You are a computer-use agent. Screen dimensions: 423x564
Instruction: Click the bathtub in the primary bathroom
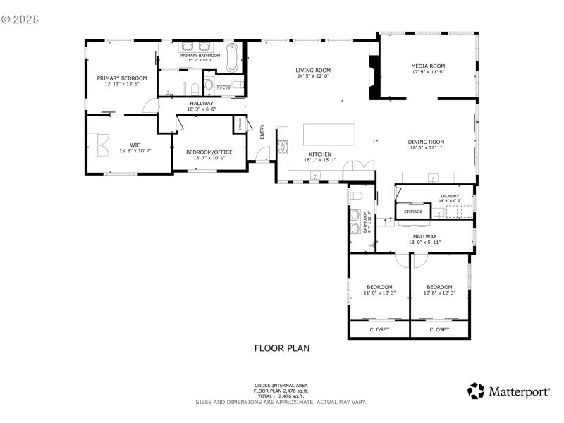232,59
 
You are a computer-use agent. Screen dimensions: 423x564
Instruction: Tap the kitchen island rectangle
329,134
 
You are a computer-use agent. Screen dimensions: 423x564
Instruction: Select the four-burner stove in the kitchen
283,147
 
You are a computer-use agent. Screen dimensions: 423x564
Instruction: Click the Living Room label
313,70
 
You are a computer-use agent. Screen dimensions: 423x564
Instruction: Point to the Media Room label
428,66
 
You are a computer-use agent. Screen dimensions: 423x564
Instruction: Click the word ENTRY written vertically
262,132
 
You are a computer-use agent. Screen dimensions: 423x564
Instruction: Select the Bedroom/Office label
209,152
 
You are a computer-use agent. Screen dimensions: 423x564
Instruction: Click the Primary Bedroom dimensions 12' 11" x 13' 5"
122,84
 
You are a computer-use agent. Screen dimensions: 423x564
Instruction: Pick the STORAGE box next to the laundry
413,211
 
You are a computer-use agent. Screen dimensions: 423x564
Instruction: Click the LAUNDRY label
450,196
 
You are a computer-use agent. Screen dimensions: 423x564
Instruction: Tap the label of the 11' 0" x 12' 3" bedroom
379,286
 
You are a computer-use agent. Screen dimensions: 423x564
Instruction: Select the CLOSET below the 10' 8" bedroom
439,329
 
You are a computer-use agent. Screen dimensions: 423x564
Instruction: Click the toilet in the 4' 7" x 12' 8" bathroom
357,196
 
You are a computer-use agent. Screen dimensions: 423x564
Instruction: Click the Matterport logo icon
477,390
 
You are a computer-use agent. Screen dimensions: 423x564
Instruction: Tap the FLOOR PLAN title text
281,348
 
